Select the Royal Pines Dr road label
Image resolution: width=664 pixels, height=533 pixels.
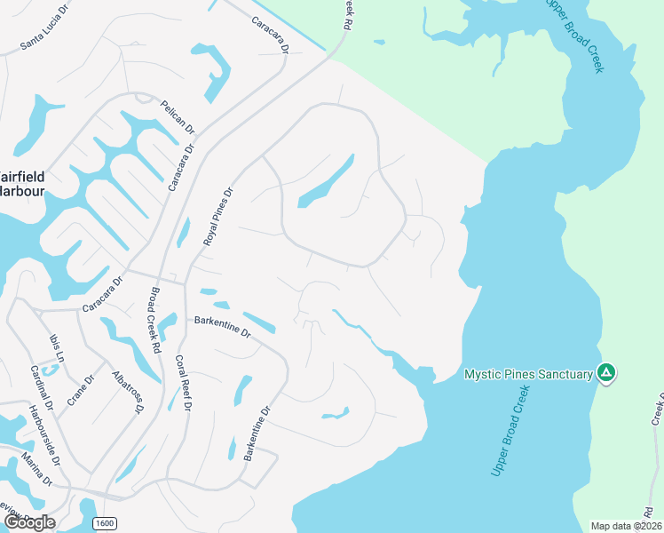coord(217,217)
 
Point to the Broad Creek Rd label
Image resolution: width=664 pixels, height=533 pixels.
coord(154,315)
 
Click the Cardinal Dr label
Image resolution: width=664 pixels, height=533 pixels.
coord(43,388)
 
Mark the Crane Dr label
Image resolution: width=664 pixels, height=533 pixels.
coord(83,387)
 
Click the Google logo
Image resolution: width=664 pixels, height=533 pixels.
coord(29,522)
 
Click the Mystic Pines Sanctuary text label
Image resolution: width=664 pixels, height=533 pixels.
coord(528,375)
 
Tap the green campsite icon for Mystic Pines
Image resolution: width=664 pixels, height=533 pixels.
coord(606,373)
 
